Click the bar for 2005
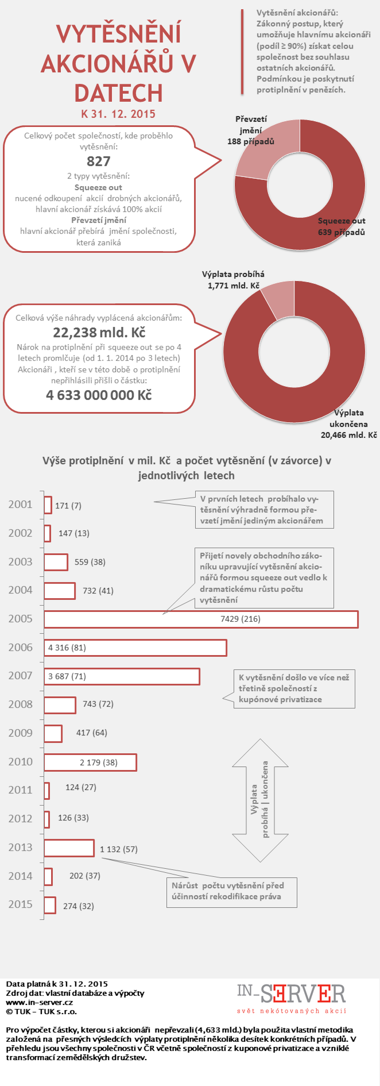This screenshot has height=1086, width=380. [201, 619]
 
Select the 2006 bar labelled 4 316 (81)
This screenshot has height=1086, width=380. [135, 648]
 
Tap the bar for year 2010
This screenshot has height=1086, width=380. [90, 762]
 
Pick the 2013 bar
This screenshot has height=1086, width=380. [69, 848]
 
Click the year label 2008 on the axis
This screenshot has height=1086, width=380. [21, 704]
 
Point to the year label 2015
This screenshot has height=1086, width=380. [21, 904]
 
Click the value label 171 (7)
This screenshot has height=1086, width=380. [68, 506]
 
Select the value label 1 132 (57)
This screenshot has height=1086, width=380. [119, 849]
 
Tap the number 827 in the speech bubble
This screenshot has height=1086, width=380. [98, 161]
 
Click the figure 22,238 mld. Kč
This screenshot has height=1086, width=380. [99, 333]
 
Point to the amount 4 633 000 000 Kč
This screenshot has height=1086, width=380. [99, 395]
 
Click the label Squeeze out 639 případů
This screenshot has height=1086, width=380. [342, 226]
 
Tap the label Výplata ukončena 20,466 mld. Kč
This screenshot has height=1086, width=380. [348, 424]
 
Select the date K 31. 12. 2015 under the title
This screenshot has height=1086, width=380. [118, 114]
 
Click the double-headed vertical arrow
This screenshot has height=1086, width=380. [260, 799]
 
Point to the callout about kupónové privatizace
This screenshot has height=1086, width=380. [294, 688]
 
